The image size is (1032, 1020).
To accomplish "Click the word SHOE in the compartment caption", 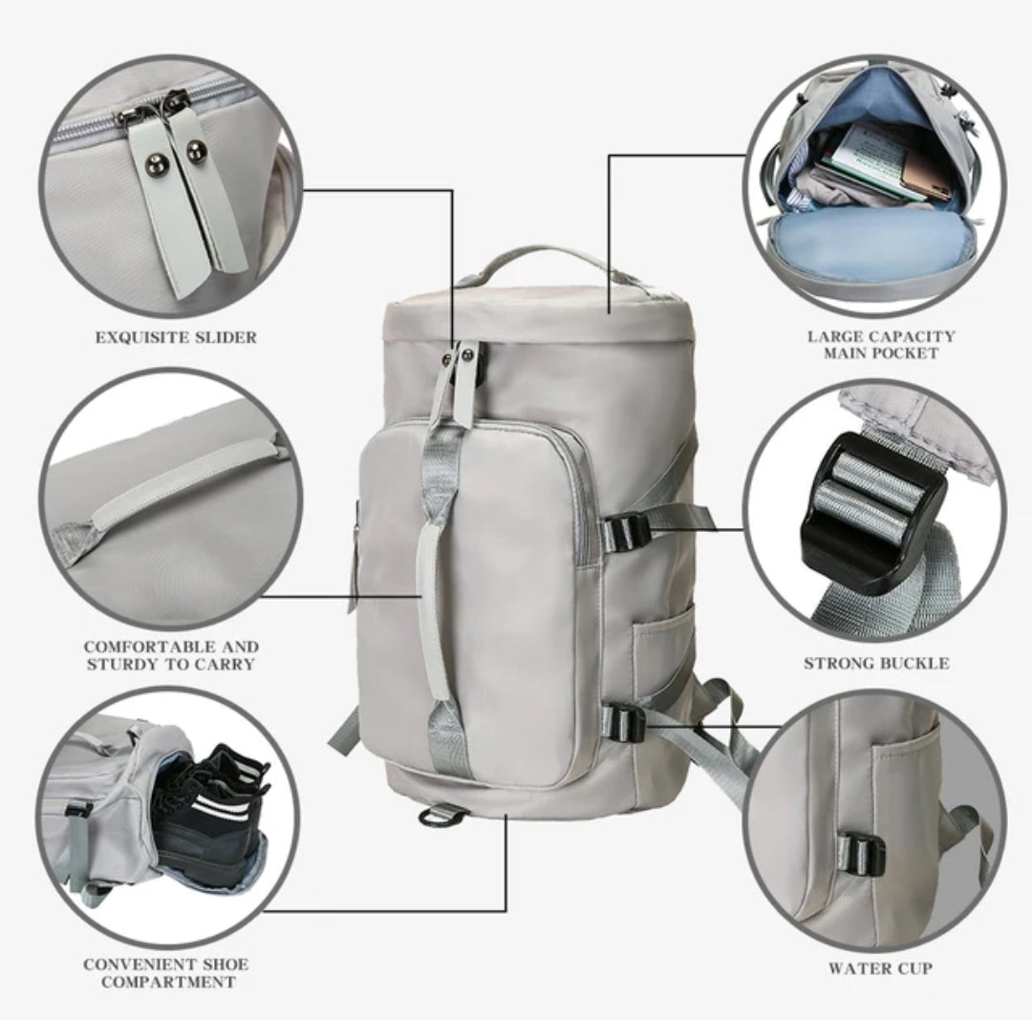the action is (226, 965).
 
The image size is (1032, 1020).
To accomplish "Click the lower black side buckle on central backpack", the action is (623, 723).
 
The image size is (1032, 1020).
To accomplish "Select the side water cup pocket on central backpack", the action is (661, 651).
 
